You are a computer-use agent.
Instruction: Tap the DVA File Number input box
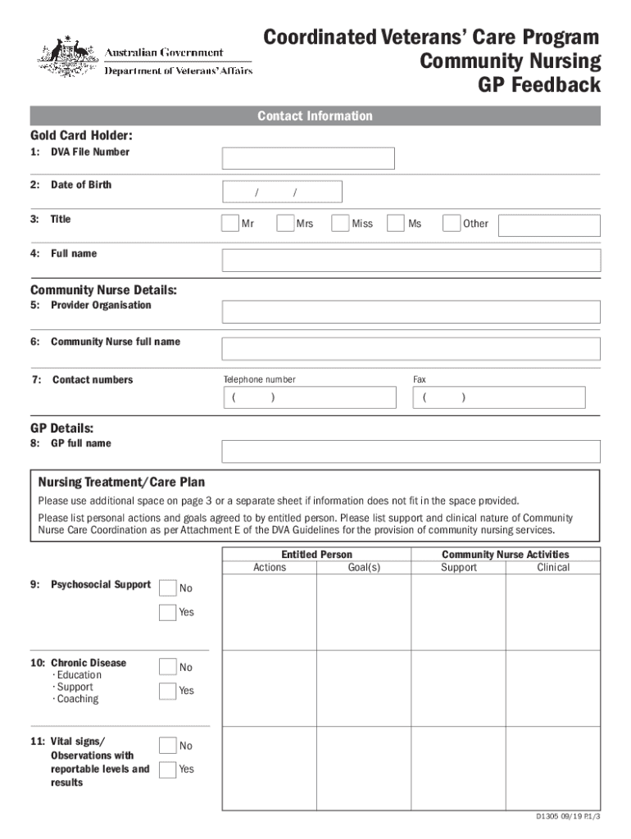tap(308, 158)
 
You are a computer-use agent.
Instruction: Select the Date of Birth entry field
tap(282, 192)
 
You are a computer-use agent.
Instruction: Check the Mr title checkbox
tap(230, 223)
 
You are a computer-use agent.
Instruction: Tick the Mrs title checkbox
tap(285, 223)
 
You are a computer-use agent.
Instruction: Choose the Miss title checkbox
tap(340, 223)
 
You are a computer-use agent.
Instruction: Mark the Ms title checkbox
tap(396, 223)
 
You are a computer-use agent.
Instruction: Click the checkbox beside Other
tap(451, 223)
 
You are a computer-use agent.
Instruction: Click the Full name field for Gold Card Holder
tap(411, 261)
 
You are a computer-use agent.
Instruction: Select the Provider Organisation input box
tap(411, 311)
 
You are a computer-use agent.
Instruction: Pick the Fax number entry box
tap(499, 397)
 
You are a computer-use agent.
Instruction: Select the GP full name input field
tap(411, 451)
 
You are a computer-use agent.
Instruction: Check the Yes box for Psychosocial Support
tap(167, 612)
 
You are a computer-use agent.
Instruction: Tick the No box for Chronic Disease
tap(167, 667)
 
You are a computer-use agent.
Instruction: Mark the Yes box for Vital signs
tap(167, 769)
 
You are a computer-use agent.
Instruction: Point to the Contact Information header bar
tap(315, 116)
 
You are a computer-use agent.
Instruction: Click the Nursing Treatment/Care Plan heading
tap(122, 483)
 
